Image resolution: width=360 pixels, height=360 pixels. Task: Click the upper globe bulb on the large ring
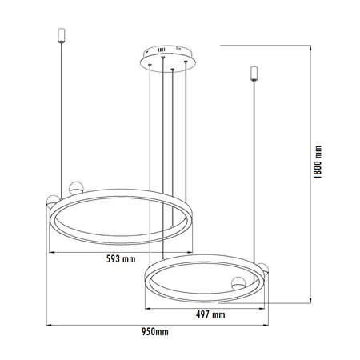[x=75, y=189]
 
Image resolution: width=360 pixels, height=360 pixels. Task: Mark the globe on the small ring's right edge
[x=263, y=270]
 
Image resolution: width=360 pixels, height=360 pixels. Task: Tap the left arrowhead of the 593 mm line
[x=52, y=251]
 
